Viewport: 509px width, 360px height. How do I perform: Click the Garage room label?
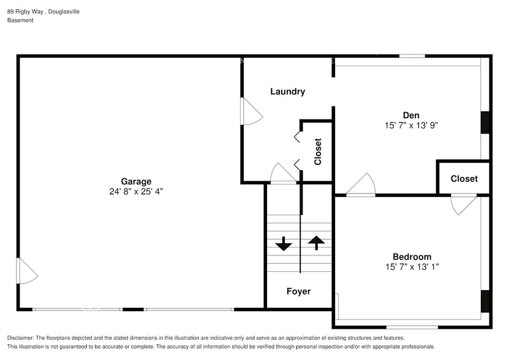tap(136, 181)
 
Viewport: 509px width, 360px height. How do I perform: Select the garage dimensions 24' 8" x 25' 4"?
tap(136, 191)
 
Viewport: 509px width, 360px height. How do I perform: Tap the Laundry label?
tap(287, 92)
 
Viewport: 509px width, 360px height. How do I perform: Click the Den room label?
tap(411, 115)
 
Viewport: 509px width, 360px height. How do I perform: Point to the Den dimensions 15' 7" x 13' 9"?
tap(411, 125)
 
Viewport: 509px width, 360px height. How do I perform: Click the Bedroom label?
tap(412, 257)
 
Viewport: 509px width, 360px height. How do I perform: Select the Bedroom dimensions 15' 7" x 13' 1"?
tap(412, 266)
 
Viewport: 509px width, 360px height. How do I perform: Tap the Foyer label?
tap(298, 291)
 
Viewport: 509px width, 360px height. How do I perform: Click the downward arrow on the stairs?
tap(284, 244)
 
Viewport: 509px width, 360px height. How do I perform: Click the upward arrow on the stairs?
tap(316, 242)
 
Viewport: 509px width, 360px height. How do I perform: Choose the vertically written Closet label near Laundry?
tap(318, 152)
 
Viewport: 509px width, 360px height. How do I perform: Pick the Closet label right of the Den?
tap(464, 179)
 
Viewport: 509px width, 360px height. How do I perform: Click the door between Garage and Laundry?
tap(251, 112)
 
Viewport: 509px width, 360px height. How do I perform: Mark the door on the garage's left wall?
tap(26, 271)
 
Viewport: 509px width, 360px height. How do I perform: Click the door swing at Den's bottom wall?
tap(363, 185)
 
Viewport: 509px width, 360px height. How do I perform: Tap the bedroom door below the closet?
tap(463, 204)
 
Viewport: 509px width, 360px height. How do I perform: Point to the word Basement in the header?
tap(20, 20)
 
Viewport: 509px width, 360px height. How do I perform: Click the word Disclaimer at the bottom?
tap(21, 338)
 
